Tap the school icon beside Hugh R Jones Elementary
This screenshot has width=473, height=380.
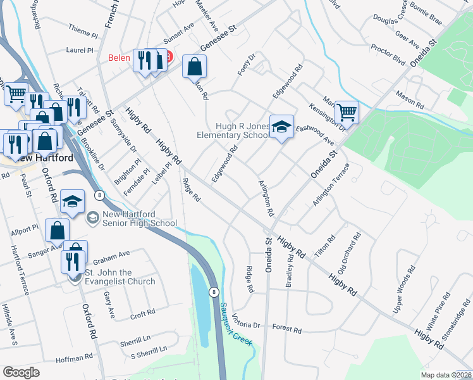tap(282, 127)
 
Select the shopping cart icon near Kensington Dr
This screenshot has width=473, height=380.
tap(347, 113)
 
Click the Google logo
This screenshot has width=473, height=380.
tap(21, 372)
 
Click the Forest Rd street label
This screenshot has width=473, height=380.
tap(288, 329)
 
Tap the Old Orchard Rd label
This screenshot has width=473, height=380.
tap(350, 253)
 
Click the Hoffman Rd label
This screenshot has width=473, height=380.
tap(74, 358)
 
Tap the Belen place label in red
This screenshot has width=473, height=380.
tap(120, 58)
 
